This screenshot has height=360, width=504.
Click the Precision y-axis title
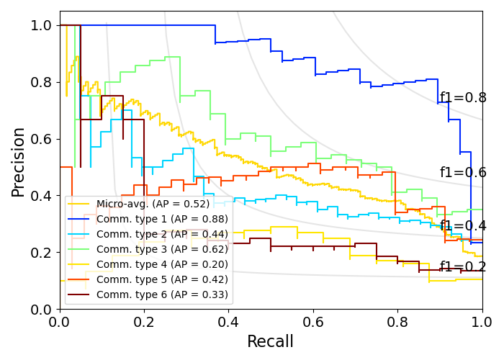(18, 162)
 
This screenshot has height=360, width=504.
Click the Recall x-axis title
(271, 341)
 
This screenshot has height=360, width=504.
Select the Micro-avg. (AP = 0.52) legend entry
(153, 204)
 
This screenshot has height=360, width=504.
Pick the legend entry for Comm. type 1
(162, 219)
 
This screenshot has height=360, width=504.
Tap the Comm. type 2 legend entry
(162, 234)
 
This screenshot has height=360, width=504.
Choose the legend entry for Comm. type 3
(162, 249)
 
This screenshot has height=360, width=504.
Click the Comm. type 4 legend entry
(162, 264)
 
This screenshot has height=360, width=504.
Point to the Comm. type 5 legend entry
(162, 279)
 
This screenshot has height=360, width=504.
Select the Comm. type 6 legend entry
(162, 294)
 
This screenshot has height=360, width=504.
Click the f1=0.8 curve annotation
(463, 98)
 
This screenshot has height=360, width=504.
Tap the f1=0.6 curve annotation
(463, 173)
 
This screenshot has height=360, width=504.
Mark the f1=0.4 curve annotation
(463, 226)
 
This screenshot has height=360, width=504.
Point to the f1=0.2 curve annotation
(463, 267)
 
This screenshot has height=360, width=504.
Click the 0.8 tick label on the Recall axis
(397, 321)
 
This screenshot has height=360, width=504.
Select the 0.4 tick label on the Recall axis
(228, 321)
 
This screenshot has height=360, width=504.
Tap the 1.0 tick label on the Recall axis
(482, 321)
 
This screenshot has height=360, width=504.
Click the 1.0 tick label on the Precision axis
(42, 26)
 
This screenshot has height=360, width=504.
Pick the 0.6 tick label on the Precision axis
(42, 140)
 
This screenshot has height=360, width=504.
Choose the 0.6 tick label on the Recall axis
(313, 321)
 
